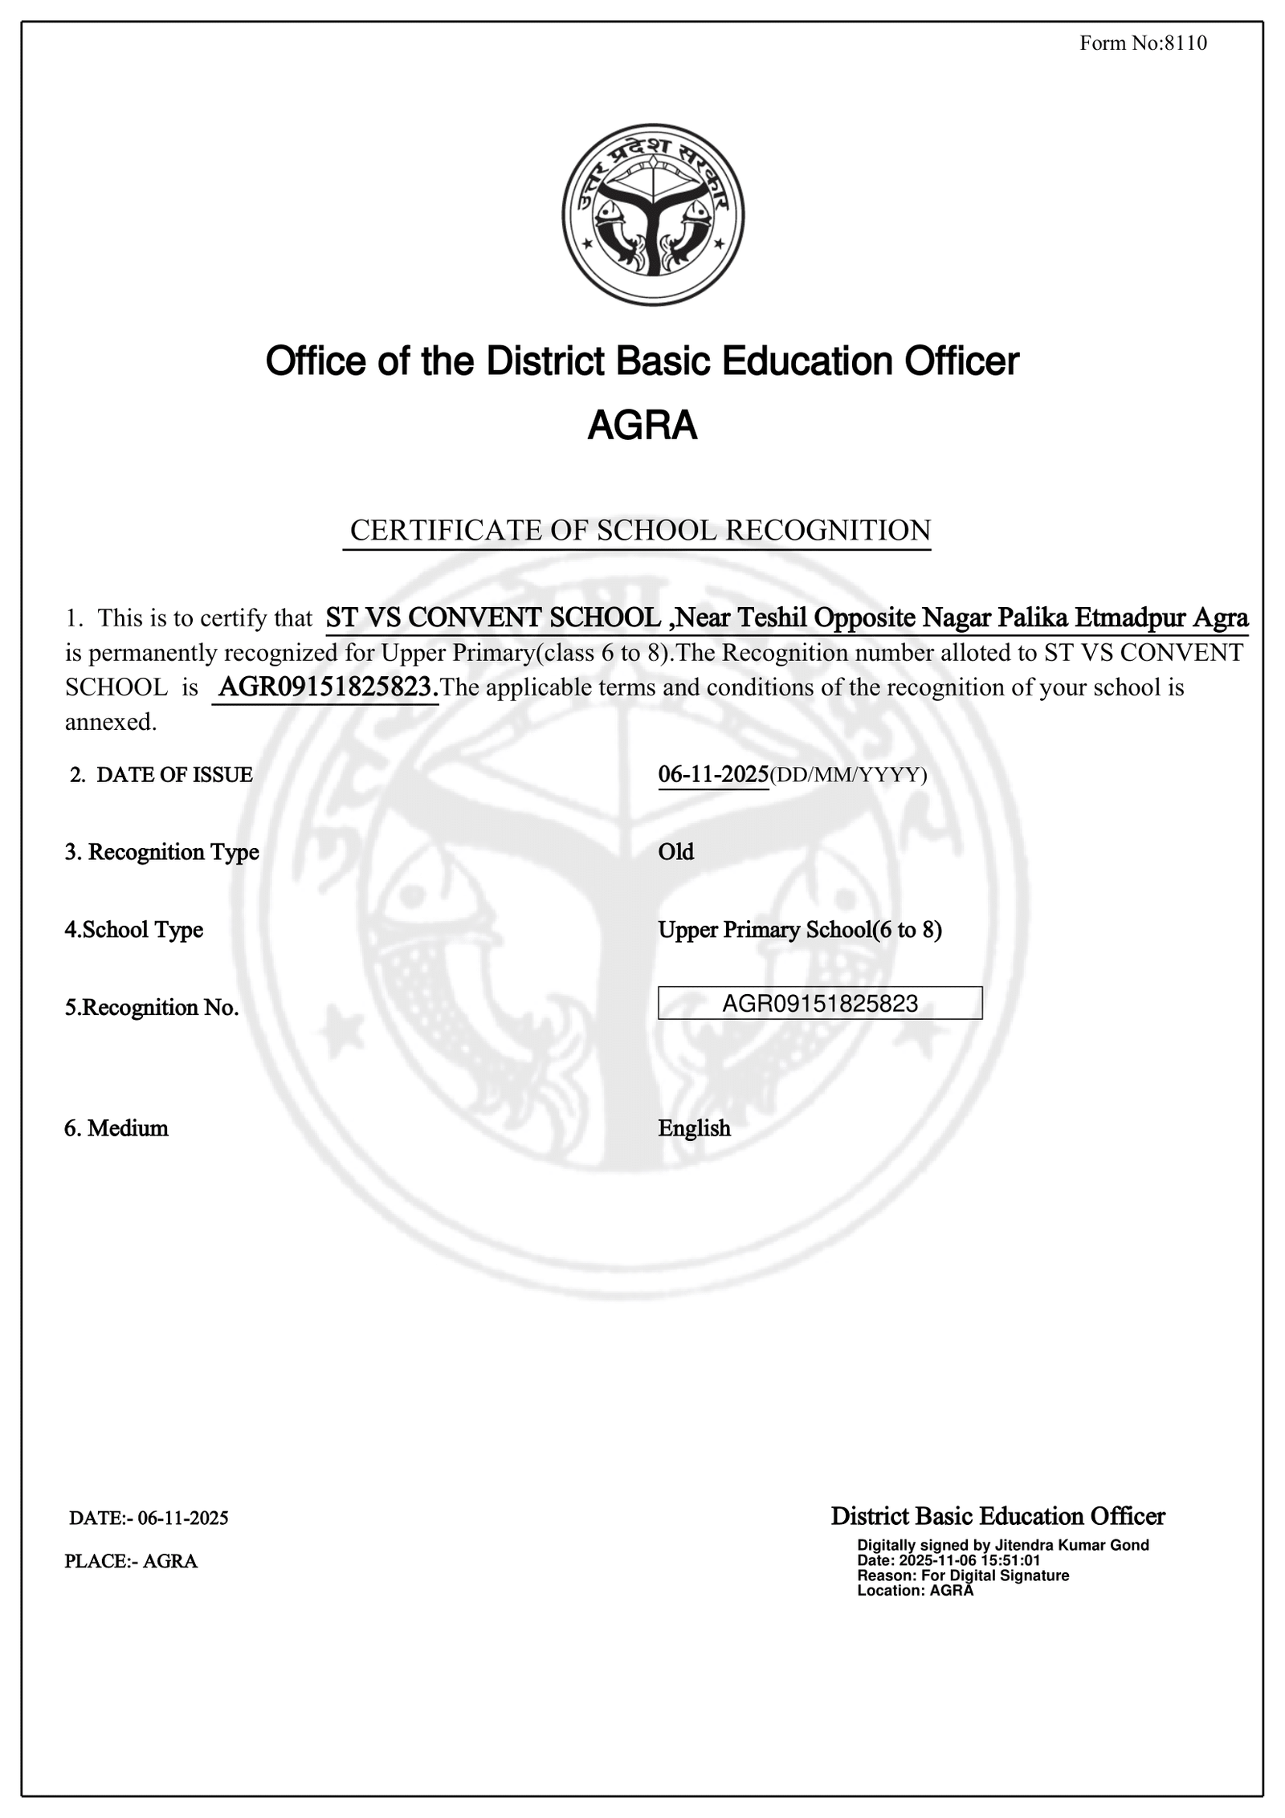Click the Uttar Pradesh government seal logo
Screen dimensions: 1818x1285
(x=652, y=214)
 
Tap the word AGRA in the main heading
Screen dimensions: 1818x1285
(x=642, y=426)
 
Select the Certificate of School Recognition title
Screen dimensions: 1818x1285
(x=640, y=531)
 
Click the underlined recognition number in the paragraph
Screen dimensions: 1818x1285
(x=325, y=687)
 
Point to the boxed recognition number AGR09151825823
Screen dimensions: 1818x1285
(x=820, y=1004)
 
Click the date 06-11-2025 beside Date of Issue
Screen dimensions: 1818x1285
(x=713, y=775)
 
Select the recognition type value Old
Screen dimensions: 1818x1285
(x=676, y=852)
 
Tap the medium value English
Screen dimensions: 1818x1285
(x=695, y=1128)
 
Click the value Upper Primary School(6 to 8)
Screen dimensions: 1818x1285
(x=800, y=930)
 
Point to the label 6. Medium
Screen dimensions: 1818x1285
(x=116, y=1128)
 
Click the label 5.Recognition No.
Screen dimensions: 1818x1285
(x=152, y=1008)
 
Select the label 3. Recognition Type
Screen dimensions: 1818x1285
(x=161, y=852)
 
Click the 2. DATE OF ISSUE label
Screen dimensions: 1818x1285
(x=161, y=775)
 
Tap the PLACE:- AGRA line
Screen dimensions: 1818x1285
(x=131, y=1561)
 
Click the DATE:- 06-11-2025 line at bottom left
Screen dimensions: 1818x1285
(x=149, y=1518)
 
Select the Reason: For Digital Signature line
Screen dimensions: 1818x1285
(x=963, y=1575)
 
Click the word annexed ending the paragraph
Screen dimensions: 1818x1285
(x=110, y=723)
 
